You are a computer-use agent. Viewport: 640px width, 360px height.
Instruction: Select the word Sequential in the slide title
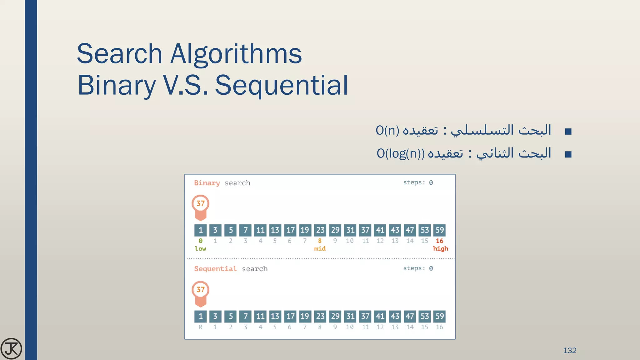[281, 85]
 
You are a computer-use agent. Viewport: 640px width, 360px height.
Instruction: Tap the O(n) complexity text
[387, 130]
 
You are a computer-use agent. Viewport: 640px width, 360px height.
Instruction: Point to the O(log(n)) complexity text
[401, 153]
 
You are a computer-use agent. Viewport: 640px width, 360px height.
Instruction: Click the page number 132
[569, 350]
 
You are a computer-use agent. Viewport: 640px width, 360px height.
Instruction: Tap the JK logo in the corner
[11, 348]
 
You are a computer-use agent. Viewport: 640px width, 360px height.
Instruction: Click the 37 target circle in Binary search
[200, 203]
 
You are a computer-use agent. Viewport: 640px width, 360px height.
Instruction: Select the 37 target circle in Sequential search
[200, 290]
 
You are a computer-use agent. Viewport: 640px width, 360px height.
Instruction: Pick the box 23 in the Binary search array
[320, 230]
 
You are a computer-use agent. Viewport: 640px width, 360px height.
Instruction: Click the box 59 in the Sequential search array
[439, 316]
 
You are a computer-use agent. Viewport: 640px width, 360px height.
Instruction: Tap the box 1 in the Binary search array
[201, 230]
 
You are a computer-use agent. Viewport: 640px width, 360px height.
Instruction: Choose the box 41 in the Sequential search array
[380, 316]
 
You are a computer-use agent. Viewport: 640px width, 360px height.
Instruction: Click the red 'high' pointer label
[440, 249]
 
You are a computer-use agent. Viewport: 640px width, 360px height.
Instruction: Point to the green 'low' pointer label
[200, 249]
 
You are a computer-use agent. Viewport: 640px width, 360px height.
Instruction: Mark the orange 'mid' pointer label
[320, 249]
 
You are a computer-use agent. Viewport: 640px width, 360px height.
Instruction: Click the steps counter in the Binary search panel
[418, 182]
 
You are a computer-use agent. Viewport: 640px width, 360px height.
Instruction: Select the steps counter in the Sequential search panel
[418, 268]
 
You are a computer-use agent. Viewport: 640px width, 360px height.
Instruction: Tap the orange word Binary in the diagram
[207, 183]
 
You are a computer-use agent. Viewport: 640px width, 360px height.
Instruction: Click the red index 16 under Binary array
[439, 241]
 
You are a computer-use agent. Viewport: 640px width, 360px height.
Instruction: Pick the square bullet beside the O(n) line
[568, 131]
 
